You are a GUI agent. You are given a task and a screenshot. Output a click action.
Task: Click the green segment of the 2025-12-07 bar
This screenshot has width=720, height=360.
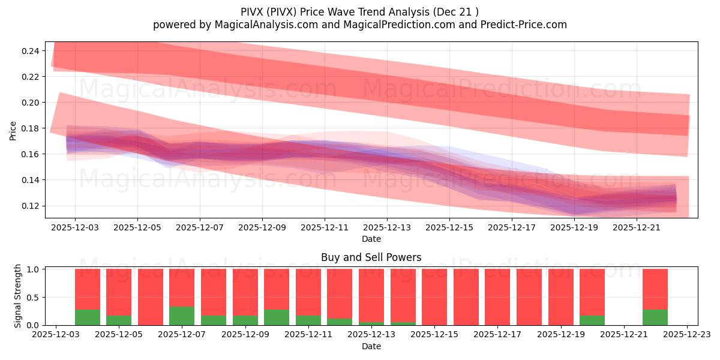(x=182, y=316)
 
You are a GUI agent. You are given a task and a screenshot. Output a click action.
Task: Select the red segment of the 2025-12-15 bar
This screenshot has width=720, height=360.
(x=434, y=297)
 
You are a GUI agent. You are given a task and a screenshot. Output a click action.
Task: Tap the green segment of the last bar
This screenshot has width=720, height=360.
(x=655, y=317)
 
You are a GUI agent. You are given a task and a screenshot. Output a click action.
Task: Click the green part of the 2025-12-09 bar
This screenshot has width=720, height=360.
(x=245, y=320)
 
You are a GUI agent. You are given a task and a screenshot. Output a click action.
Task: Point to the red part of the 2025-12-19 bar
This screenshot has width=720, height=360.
(x=561, y=297)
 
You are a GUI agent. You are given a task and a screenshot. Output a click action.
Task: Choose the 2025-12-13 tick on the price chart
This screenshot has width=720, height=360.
(x=387, y=227)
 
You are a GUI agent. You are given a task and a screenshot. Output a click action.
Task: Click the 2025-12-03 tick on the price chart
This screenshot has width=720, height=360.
(x=75, y=227)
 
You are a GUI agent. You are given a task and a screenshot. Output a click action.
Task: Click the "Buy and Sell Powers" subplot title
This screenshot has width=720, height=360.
(x=371, y=257)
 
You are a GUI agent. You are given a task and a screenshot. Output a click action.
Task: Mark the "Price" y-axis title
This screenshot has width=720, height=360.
(x=13, y=130)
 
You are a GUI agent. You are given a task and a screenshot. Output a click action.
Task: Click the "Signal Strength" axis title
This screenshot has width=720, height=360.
(x=18, y=296)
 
